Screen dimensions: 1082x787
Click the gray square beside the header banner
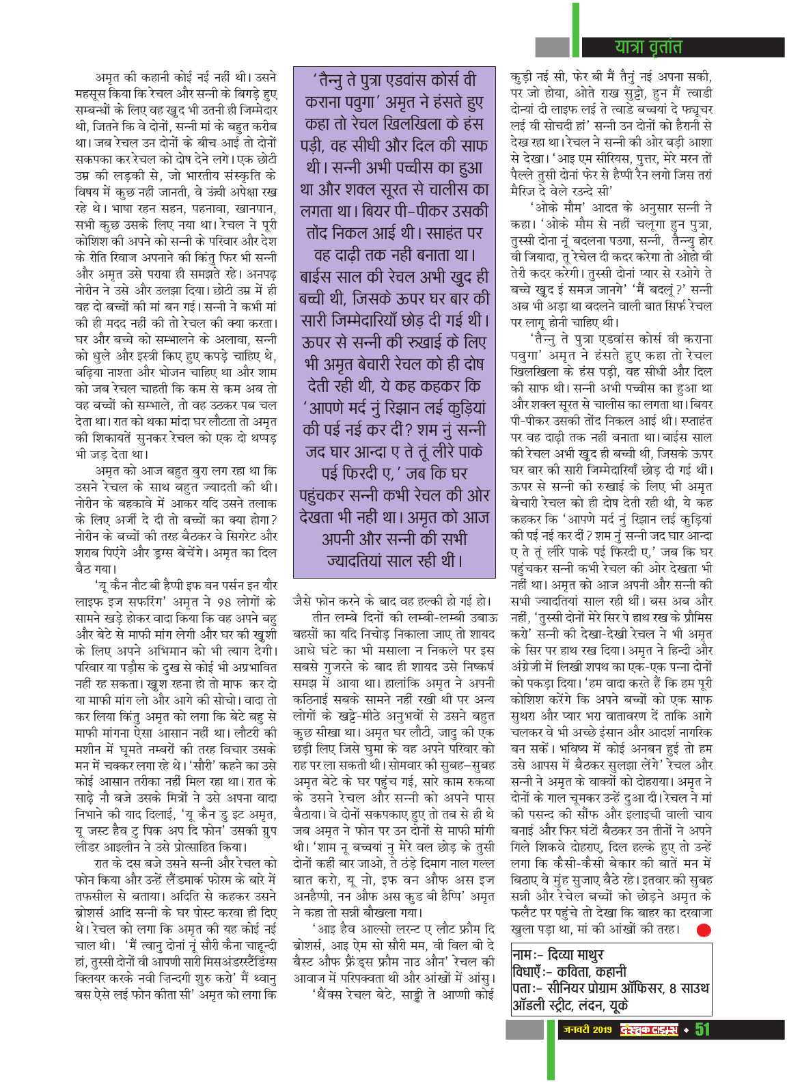(x=552, y=46)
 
